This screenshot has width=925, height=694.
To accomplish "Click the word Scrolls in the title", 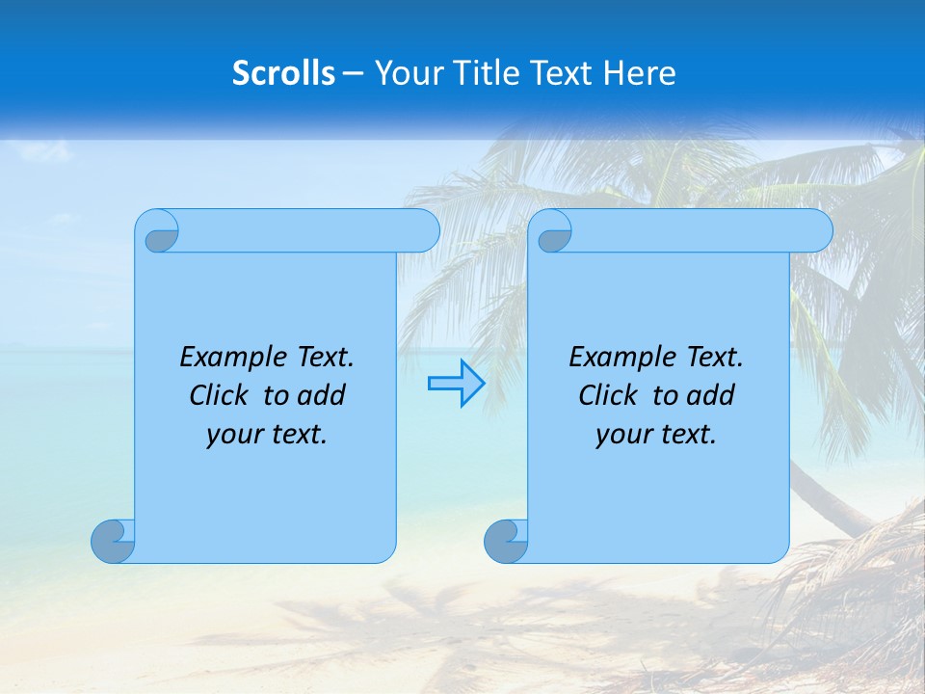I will click(283, 73).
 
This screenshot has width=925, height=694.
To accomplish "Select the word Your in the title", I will click(407, 73).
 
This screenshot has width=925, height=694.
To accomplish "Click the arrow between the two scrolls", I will click(456, 384).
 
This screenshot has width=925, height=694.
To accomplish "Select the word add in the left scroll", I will click(322, 395).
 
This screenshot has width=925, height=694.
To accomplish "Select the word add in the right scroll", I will click(711, 395).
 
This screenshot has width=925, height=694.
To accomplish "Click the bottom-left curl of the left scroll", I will click(112, 541).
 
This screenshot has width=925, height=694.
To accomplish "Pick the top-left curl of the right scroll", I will click(552, 232).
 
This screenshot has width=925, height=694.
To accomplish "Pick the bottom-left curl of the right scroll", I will click(505, 541).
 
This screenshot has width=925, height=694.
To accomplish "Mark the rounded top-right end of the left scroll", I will click(422, 230).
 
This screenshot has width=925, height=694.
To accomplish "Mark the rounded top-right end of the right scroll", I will click(815, 230).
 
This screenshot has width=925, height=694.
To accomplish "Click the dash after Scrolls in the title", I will click(352, 73).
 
